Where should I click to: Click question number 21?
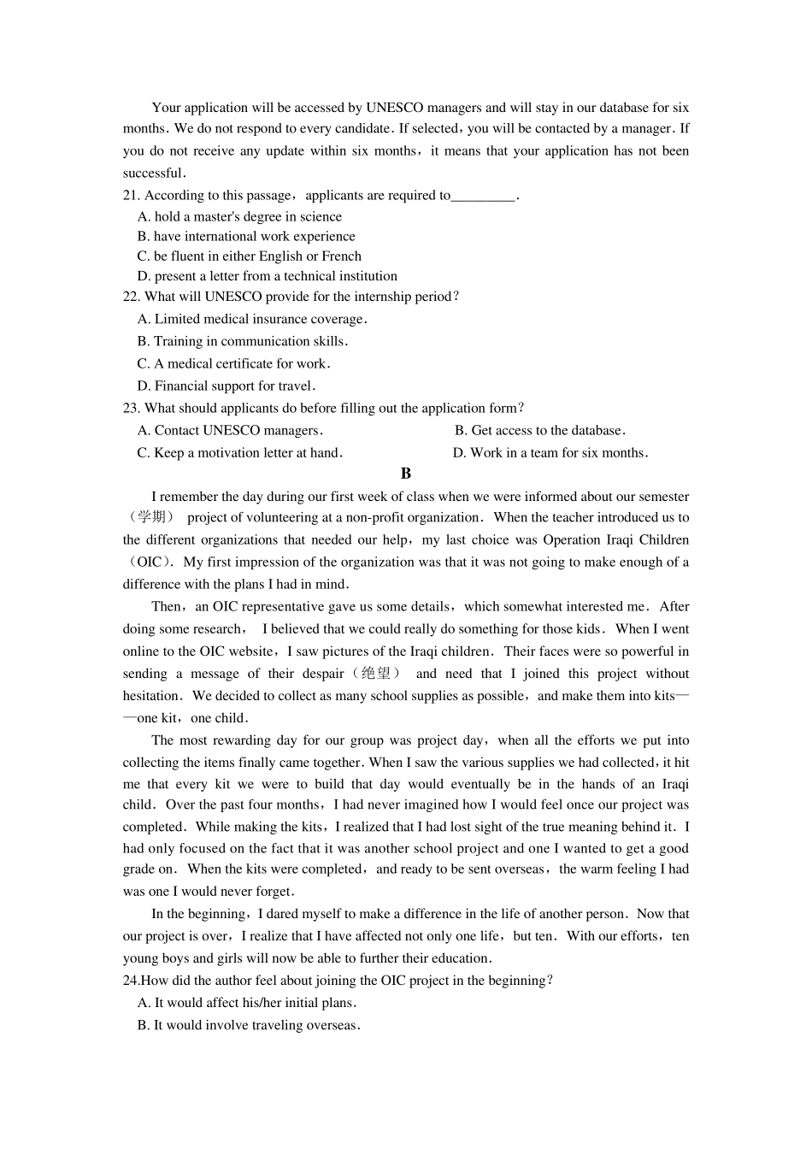tap(131, 195)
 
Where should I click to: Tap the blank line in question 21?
tap(483, 196)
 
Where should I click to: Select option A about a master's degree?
tap(239, 216)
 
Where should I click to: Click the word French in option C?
tap(341, 256)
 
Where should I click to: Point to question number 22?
tap(131, 297)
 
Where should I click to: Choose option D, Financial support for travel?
tap(227, 386)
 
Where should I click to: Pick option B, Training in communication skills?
tap(243, 341)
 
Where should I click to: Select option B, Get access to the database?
tap(540, 430)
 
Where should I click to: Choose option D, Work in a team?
tap(550, 452)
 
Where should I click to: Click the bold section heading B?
tap(406, 474)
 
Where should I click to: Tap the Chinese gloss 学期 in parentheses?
tap(152, 517)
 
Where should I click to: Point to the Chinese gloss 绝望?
tap(375, 674)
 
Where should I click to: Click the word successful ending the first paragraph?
tap(153, 173)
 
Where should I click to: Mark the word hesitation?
tap(151, 696)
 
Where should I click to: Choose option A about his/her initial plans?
tap(247, 1003)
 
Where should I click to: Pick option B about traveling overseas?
tap(249, 1025)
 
